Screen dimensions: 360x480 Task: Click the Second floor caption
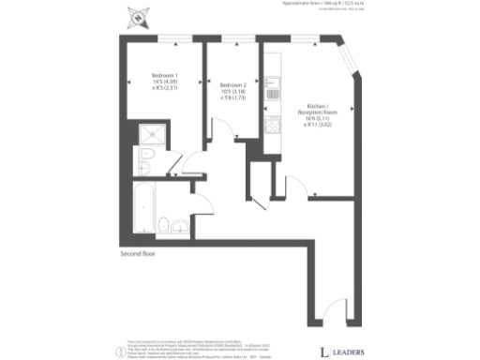(139, 254)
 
